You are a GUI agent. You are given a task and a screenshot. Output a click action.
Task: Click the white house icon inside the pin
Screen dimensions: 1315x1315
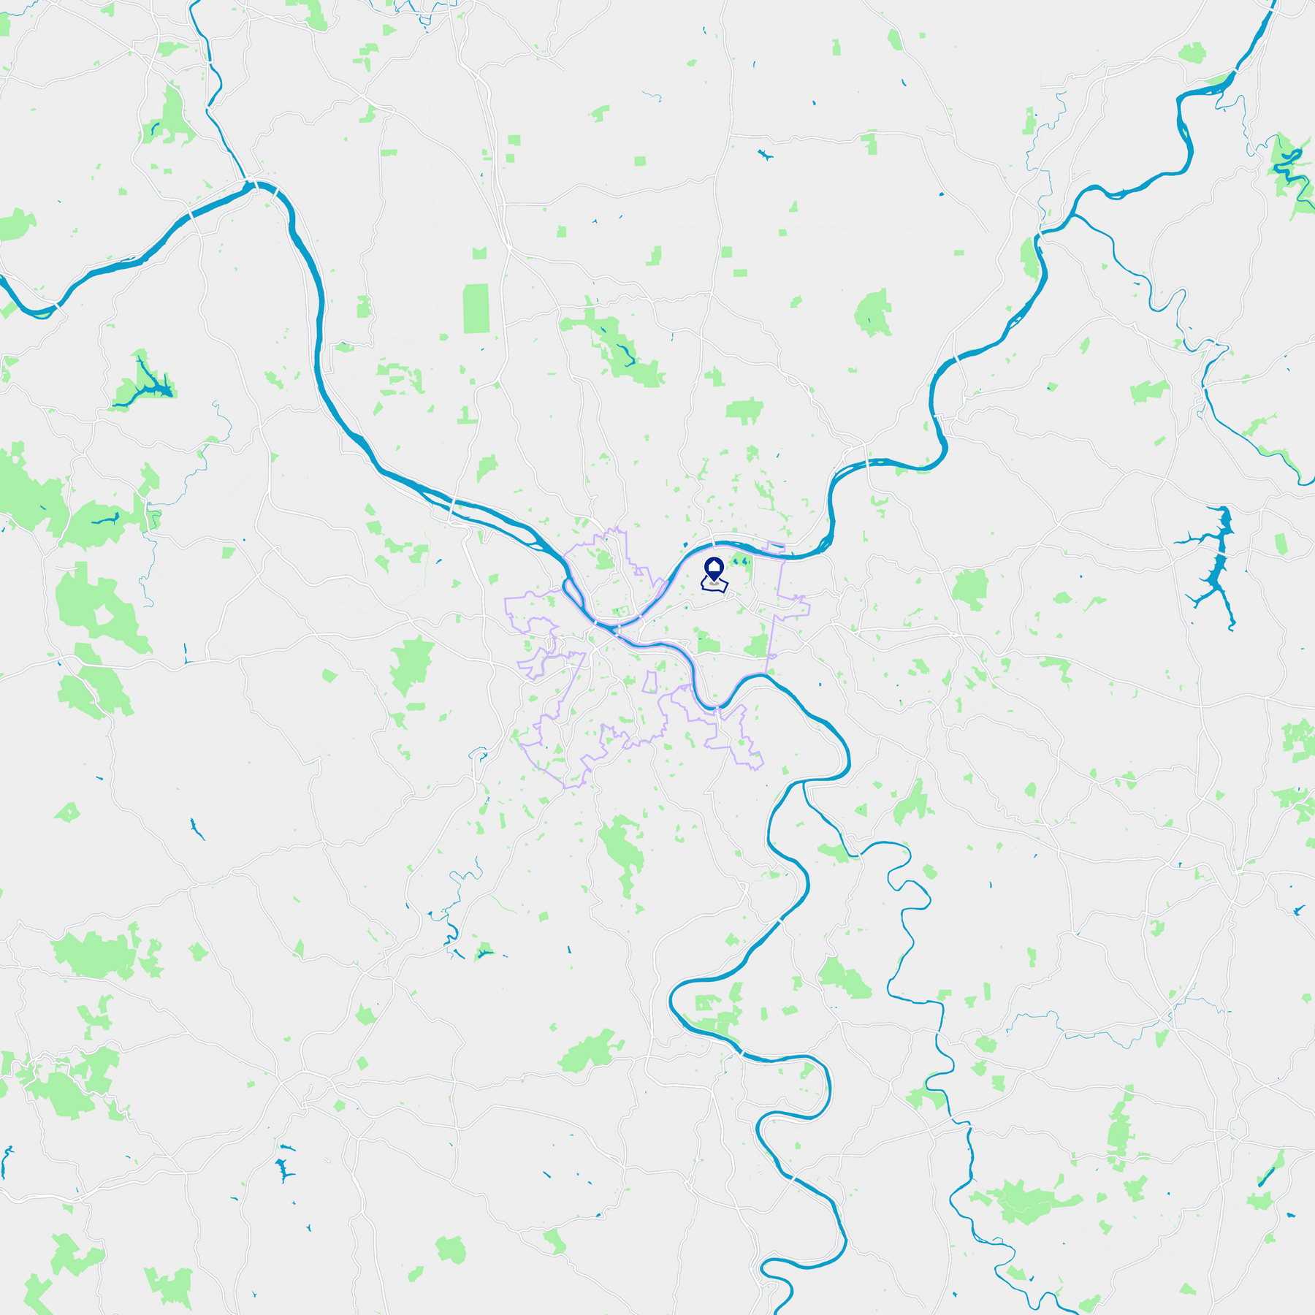pos(713,566)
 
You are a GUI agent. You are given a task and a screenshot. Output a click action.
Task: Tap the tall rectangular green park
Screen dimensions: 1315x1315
pos(476,308)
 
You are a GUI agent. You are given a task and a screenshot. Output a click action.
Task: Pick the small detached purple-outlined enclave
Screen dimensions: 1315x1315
pos(649,682)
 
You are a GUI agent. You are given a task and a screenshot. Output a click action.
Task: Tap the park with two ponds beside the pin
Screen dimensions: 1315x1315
pos(741,563)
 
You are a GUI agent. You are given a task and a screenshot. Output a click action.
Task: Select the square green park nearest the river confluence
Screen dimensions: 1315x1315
pos(622,611)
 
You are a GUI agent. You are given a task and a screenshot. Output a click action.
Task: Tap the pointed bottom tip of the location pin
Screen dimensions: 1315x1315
pos(713,582)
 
